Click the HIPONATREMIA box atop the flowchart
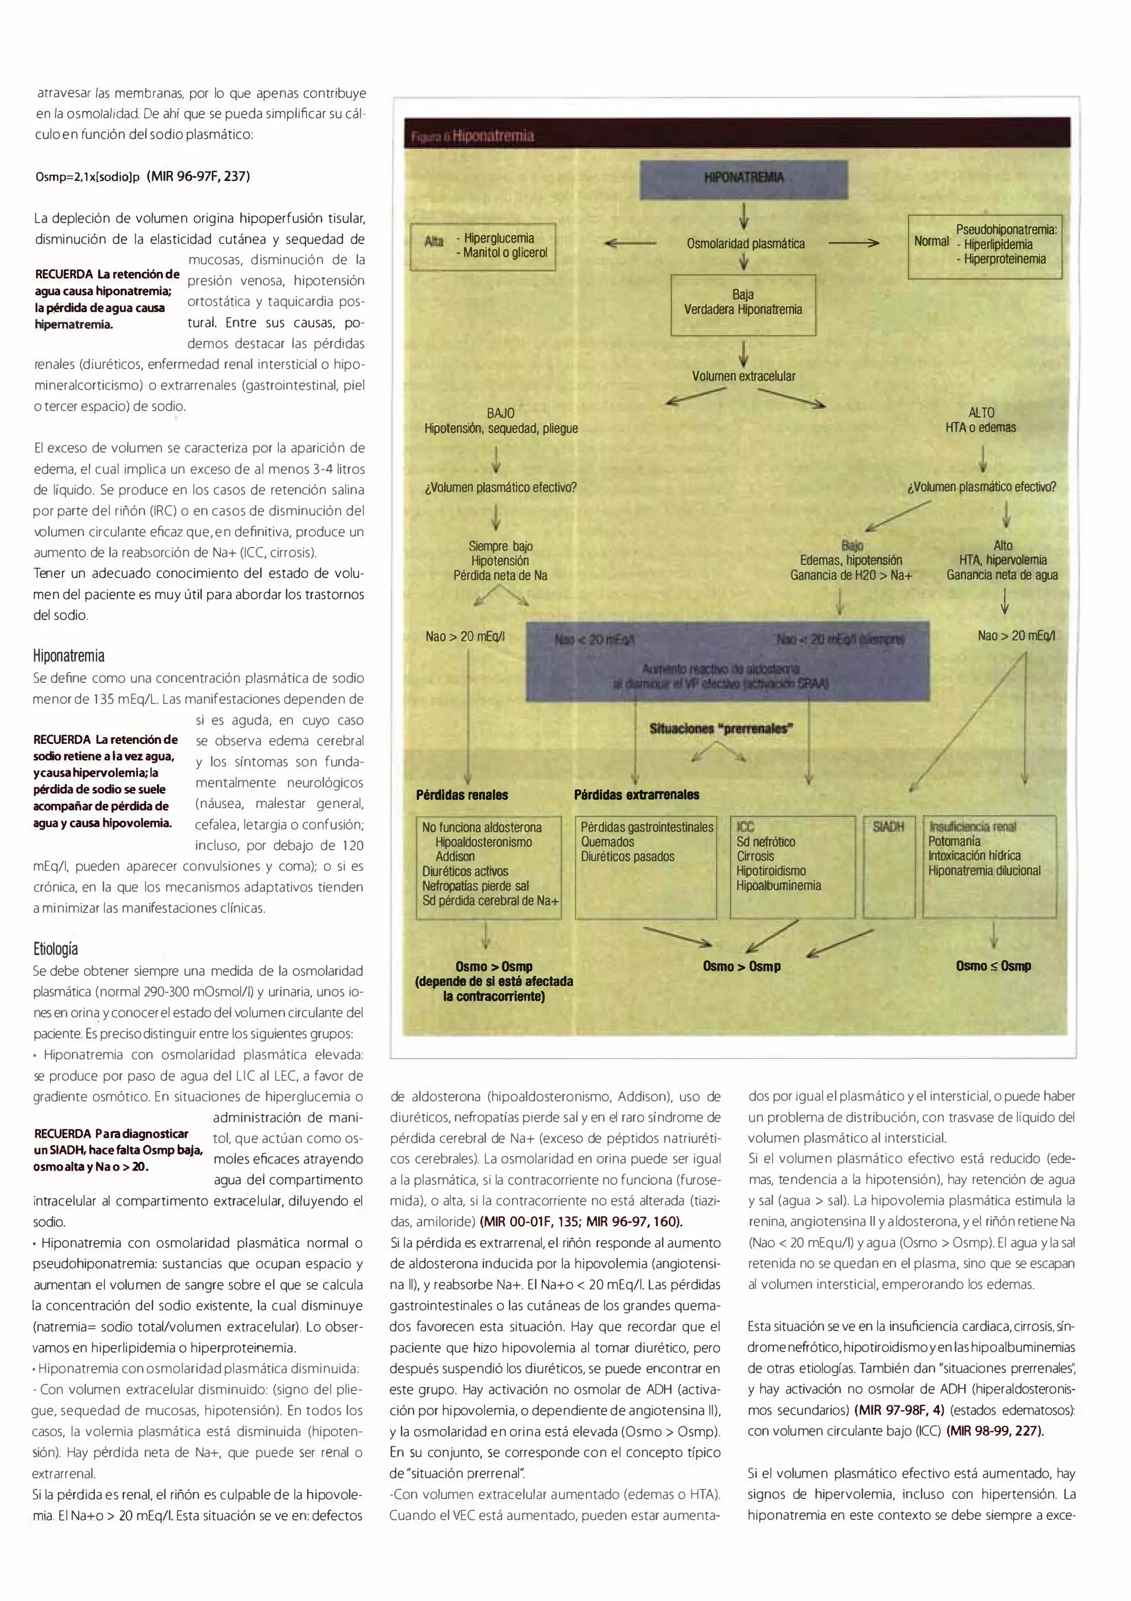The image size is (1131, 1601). coord(743,179)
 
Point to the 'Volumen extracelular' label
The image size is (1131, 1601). coord(743,376)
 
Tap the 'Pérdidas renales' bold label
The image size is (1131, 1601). coord(462,795)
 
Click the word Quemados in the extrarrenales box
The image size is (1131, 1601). coord(607,842)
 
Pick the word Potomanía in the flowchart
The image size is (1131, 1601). coord(954,842)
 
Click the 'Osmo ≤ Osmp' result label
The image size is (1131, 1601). coord(993,967)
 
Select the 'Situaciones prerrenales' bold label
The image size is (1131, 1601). coord(721,729)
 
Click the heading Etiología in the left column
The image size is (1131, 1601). coord(56,949)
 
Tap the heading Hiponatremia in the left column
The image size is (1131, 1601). coord(69,656)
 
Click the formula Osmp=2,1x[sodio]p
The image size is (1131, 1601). coord(88,177)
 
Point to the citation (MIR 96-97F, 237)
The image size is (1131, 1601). coord(199,176)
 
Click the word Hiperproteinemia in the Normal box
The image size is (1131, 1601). coord(1005,259)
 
